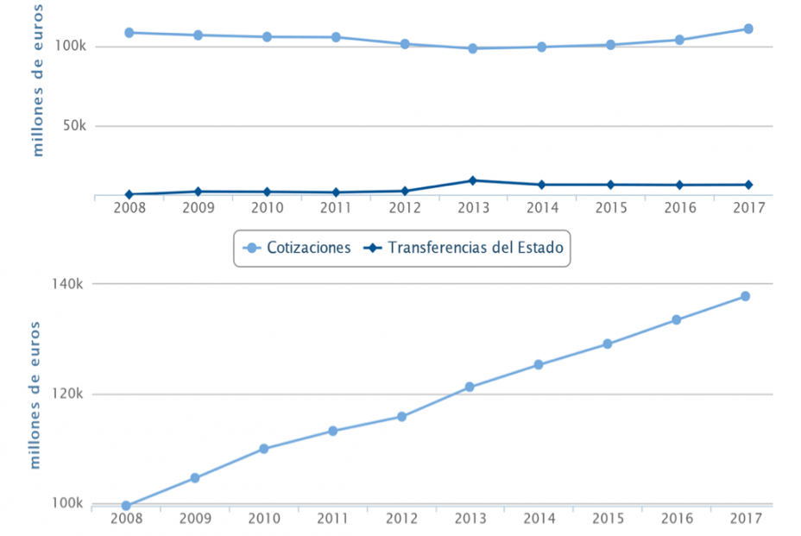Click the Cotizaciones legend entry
pos(299,248)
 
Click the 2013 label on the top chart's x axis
pos(473,208)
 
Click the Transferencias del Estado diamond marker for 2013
pos(472,180)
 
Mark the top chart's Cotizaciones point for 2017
pos(748,28)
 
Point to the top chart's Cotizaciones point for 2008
pos(129,33)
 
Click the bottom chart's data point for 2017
pos(745,297)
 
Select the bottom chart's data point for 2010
pos(264,449)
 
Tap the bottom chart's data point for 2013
pos(470,387)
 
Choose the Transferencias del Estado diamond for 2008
pos(129,194)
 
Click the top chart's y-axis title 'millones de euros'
pos(38,79)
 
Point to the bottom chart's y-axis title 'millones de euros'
pos(36,394)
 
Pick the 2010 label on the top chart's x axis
pos(267,208)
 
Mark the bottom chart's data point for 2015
pos(608,344)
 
